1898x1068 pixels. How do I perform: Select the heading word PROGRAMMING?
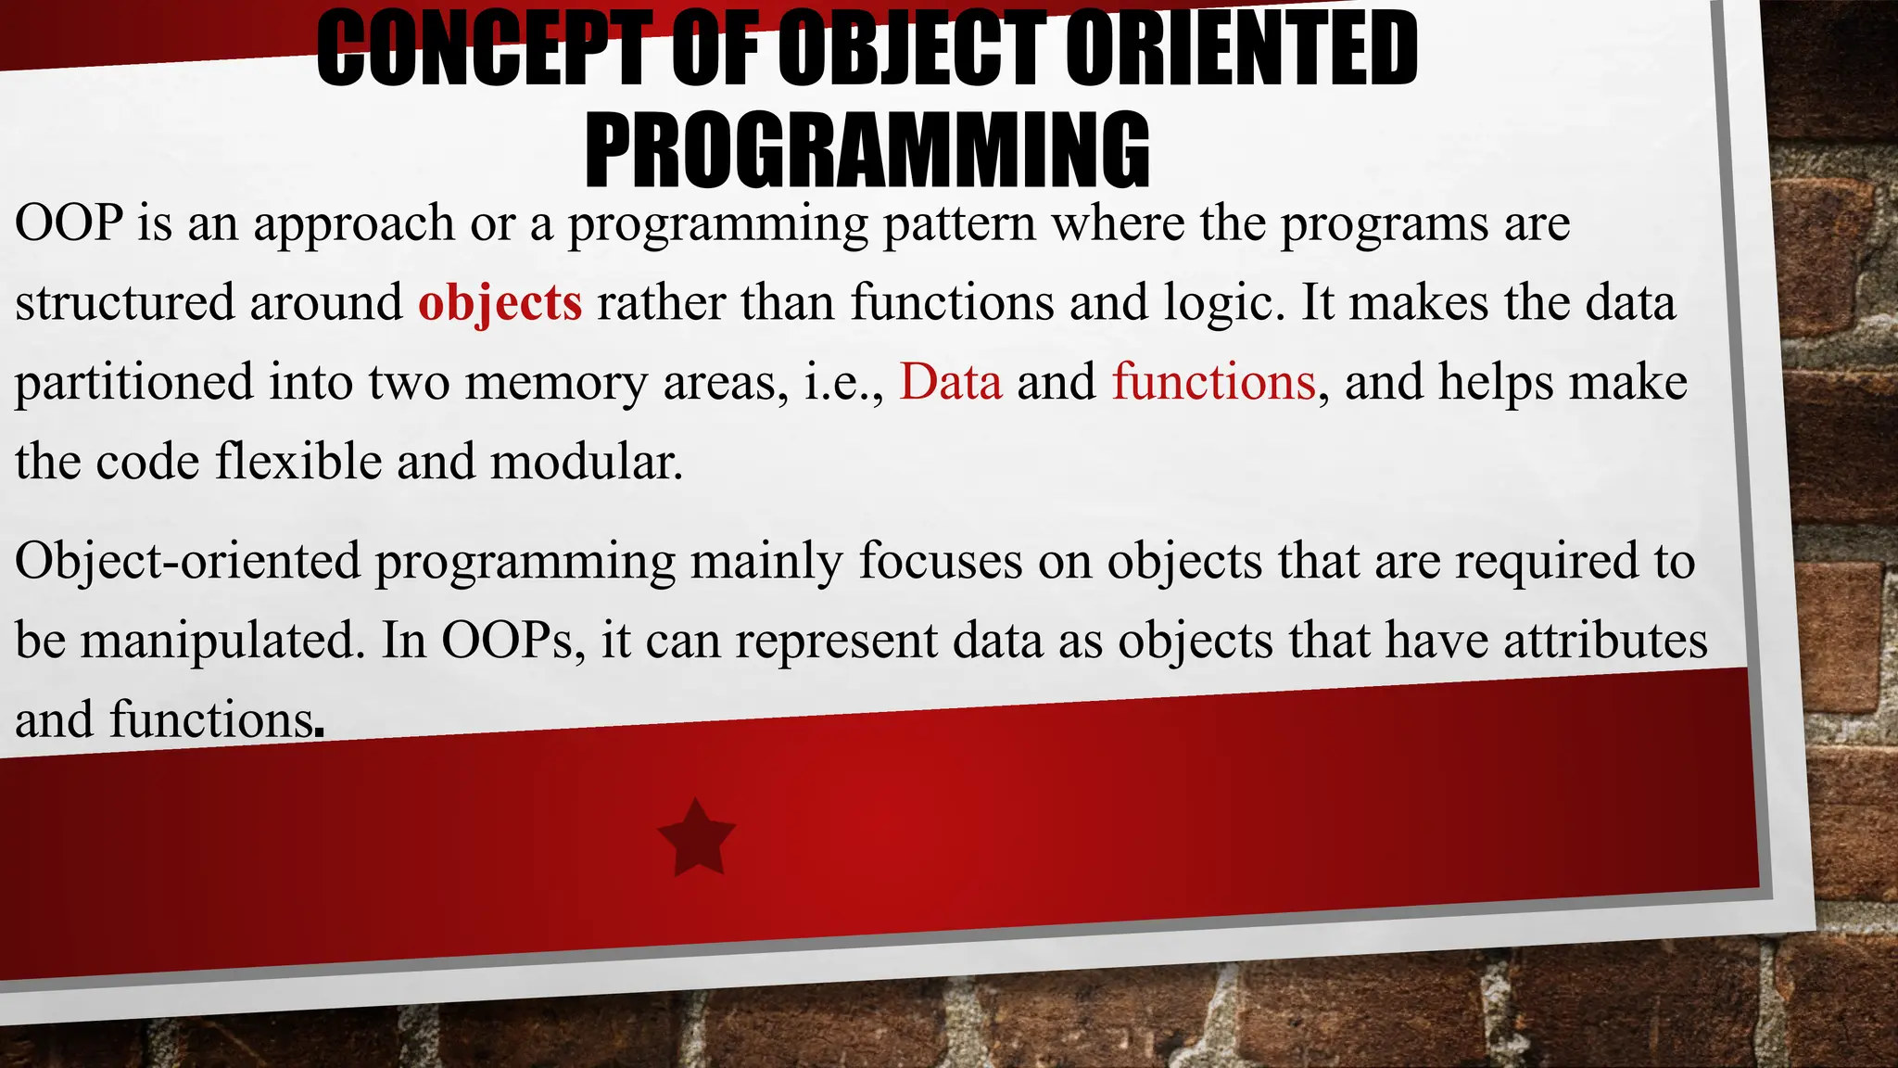click(867, 148)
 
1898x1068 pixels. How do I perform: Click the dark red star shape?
click(697, 836)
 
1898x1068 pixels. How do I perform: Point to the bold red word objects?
click(500, 304)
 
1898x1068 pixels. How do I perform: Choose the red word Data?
click(951, 382)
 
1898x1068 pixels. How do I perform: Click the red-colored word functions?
click(1214, 382)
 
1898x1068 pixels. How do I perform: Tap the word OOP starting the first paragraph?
click(70, 223)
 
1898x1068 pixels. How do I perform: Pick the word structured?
click(124, 304)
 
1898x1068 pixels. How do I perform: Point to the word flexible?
click(297, 462)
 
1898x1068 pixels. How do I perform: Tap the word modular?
click(586, 462)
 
